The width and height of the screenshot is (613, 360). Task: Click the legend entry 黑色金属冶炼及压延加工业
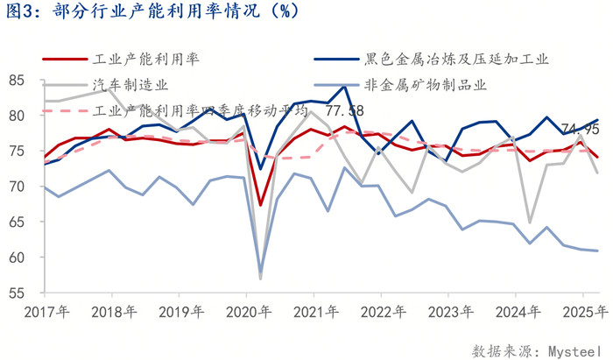(456, 59)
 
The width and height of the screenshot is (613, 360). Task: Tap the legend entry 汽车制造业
(130, 85)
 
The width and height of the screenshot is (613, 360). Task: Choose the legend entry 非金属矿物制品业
(420, 85)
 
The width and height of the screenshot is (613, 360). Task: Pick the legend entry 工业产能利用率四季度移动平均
(200, 111)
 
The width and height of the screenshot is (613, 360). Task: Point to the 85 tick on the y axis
(17, 81)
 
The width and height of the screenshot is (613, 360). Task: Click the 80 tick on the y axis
(17, 116)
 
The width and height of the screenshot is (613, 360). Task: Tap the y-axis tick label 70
(17, 187)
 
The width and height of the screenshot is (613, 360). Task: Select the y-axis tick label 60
(17, 258)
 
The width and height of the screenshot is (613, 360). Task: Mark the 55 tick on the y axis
(17, 293)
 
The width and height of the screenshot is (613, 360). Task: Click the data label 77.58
(345, 111)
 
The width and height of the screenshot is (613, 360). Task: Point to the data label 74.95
(580, 130)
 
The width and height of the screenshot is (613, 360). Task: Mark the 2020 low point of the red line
(261, 205)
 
